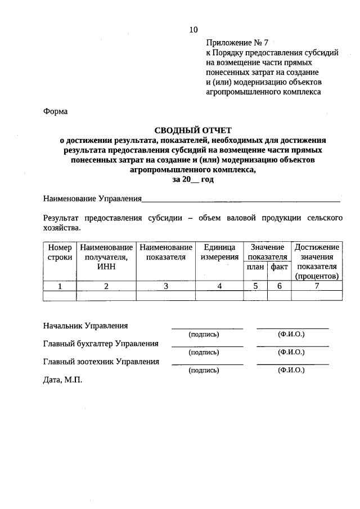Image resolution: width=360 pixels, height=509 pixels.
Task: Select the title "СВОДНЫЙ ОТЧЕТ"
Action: [x=193, y=130]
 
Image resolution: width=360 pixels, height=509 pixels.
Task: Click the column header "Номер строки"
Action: [x=60, y=252]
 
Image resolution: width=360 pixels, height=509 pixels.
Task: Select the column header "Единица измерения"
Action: [x=219, y=252]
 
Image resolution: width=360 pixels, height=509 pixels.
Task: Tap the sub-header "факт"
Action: [x=279, y=267]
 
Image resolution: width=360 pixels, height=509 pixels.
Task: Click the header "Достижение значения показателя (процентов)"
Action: [x=317, y=262]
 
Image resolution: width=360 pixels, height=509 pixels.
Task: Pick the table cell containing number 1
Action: [x=60, y=286]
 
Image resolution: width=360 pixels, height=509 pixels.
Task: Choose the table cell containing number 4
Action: [x=219, y=286]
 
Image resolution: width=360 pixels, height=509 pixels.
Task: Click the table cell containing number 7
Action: [x=317, y=286]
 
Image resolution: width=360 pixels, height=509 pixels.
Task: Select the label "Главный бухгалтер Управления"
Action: [x=101, y=344]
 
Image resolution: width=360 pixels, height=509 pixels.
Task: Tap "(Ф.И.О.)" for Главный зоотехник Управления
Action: [x=291, y=371]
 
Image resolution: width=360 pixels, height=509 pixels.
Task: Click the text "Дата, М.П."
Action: [x=62, y=380]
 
